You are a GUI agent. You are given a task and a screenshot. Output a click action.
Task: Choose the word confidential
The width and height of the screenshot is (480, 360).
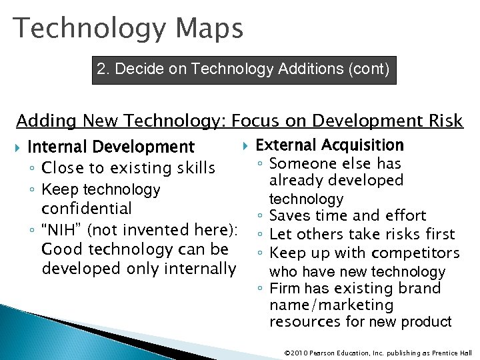click(x=87, y=208)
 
